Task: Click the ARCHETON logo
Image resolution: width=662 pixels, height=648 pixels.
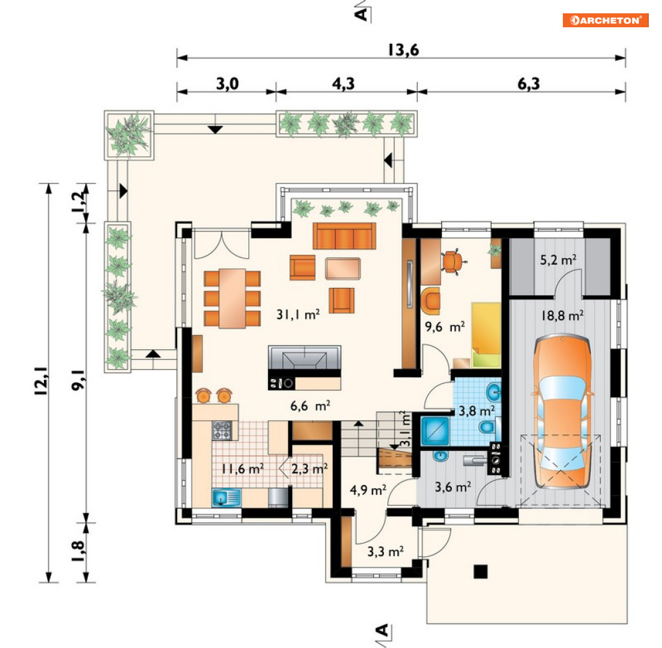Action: click(x=605, y=20)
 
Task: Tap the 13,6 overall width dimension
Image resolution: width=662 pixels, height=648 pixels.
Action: click(x=403, y=50)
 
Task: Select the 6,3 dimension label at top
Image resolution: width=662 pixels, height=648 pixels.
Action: click(x=528, y=84)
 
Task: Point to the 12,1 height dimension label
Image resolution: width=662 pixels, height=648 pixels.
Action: click(x=41, y=381)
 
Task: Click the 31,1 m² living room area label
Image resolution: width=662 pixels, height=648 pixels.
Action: click(x=298, y=314)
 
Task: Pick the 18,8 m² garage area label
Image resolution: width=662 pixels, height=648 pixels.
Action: click(x=562, y=315)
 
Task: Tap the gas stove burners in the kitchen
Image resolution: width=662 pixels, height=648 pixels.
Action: click(x=222, y=430)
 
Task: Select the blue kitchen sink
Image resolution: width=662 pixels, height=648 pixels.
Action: click(x=226, y=498)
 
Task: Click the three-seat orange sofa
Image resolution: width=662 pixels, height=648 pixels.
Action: click(x=344, y=236)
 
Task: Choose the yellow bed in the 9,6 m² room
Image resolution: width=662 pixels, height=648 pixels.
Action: click(x=486, y=335)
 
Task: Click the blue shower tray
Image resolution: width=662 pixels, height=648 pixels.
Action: click(x=435, y=431)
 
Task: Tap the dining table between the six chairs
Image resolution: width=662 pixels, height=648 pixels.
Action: click(x=232, y=298)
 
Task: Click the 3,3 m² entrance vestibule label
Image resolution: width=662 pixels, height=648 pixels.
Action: click(x=385, y=552)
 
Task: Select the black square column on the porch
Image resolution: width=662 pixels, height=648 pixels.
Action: click(x=480, y=571)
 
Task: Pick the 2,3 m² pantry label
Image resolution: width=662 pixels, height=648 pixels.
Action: click(x=309, y=468)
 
